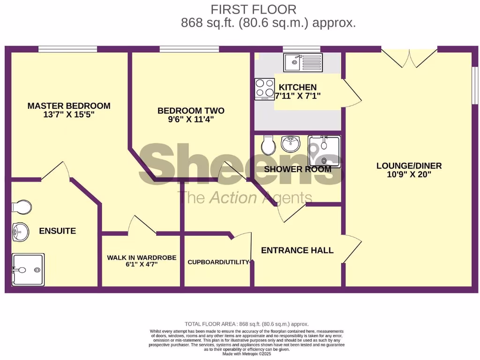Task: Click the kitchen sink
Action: click(302, 62)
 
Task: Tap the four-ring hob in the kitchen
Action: click(264, 89)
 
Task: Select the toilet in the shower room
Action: click(268, 146)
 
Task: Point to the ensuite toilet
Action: click(22, 207)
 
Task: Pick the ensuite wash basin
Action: click(20, 231)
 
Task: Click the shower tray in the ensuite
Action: click(28, 270)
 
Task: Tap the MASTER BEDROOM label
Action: click(69, 106)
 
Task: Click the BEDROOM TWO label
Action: click(191, 111)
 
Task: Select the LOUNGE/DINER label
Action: click(409, 165)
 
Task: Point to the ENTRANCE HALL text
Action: click(297, 250)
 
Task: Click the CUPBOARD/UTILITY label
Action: click(218, 262)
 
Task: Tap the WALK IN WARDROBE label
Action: click(142, 257)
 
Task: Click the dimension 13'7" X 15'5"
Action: click(69, 115)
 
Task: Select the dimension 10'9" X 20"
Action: click(409, 174)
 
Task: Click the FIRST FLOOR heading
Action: click(253, 9)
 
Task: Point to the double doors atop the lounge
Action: click(410, 58)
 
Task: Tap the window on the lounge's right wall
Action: click(474, 85)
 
